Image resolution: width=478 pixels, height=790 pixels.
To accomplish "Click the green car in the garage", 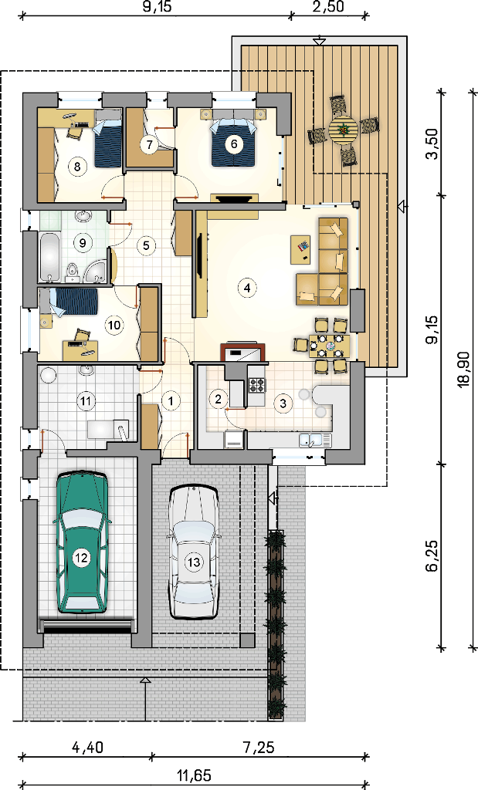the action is coord(81,542).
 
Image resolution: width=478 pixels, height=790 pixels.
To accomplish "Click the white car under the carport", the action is coord(194,552).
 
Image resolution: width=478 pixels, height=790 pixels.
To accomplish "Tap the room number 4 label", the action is coord(246,288).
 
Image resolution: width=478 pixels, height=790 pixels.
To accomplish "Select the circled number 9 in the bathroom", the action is coord(83,243).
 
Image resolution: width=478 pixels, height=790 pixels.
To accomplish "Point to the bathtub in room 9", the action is coord(50,256).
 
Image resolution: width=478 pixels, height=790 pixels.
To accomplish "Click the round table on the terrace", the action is coord(344,130).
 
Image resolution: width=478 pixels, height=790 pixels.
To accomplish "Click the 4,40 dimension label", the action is coord(87,747).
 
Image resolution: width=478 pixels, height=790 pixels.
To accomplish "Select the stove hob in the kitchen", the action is coord(256,384).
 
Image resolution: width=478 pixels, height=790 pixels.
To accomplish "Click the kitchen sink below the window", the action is coord(314,440).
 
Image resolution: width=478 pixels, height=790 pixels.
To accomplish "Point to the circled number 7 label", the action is coord(149,144).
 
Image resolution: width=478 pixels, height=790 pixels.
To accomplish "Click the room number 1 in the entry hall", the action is coord(171,401).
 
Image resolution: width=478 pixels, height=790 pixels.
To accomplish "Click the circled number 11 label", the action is coord(86,401).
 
